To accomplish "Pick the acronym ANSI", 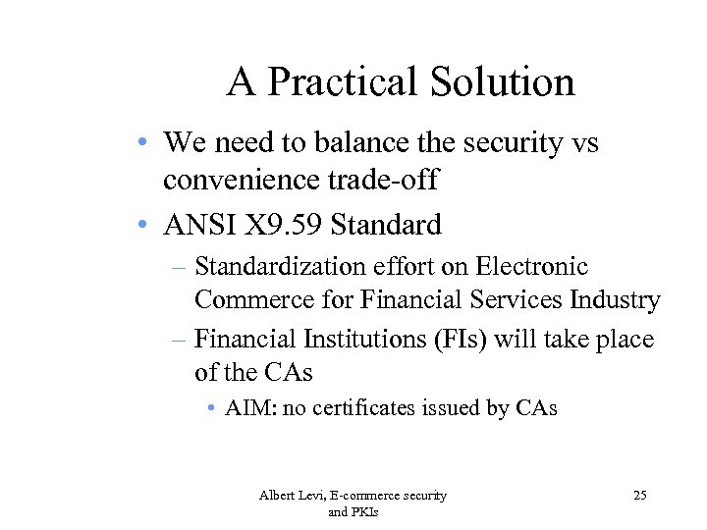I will coord(198,226).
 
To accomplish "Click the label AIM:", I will coord(251,408).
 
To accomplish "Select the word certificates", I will coord(372,408).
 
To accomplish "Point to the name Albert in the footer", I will coord(278,496).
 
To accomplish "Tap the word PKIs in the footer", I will coord(365,512).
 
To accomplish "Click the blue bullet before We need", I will coord(144,142).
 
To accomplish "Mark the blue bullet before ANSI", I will coord(144,225).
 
